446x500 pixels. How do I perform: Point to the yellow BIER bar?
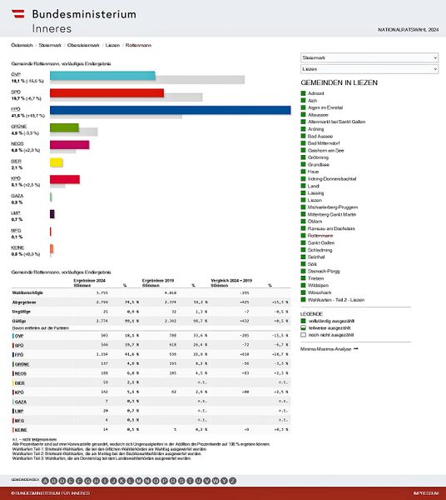(x=57, y=162)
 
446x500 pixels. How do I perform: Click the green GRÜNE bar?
(x=64, y=127)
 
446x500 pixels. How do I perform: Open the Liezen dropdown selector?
(x=369, y=70)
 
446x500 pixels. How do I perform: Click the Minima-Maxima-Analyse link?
(x=330, y=348)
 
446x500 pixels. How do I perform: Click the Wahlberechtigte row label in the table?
(x=29, y=293)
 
